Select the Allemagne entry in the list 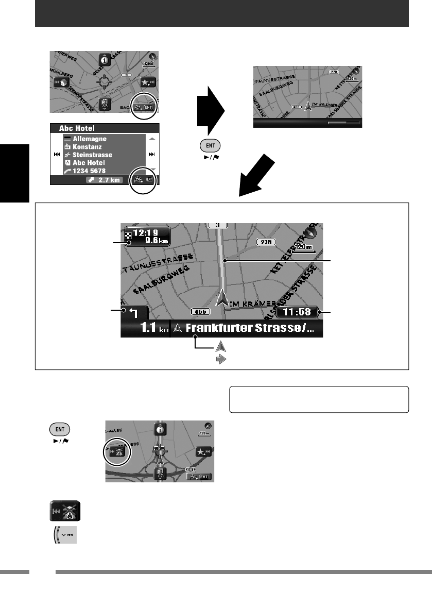(89, 139)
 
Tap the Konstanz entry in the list (88, 147)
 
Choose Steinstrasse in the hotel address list (92, 155)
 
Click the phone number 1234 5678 (91, 170)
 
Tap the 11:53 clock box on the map (298, 313)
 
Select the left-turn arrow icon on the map (134, 313)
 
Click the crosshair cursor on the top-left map (105, 81)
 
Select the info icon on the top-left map (105, 59)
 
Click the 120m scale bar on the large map (303, 249)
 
